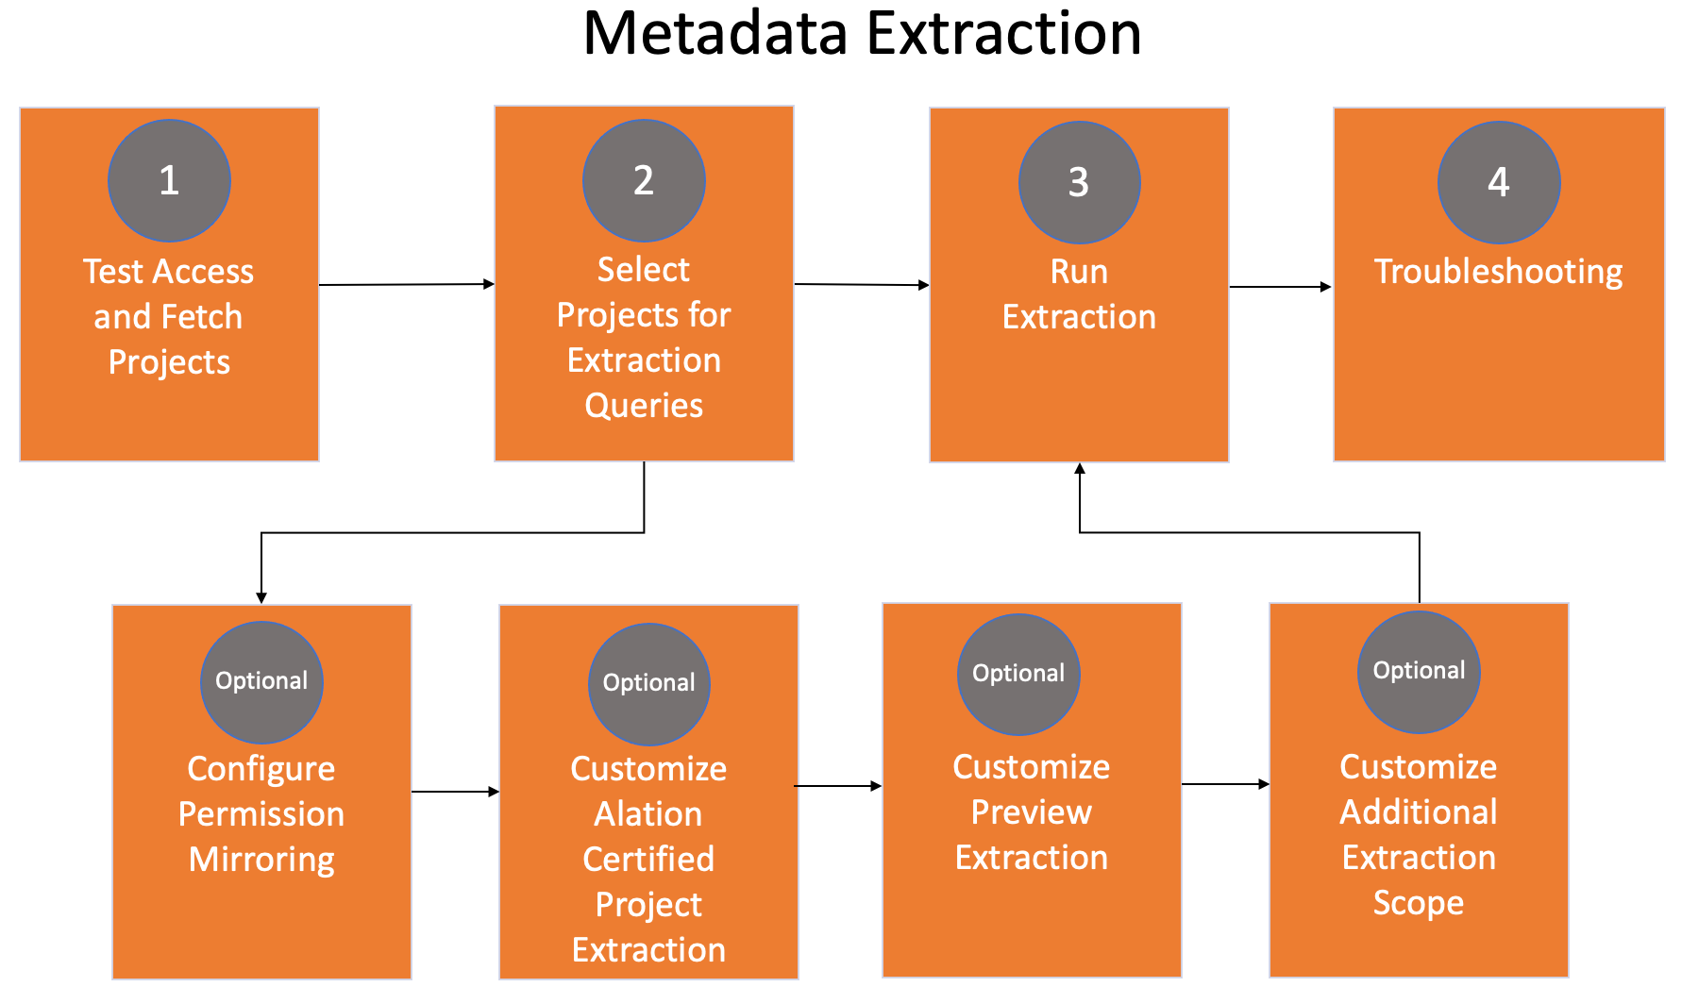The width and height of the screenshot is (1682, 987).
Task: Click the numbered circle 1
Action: click(169, 180)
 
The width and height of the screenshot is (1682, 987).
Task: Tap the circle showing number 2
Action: click(644, 180)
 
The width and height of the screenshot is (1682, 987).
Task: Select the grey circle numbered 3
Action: click(1079, 182)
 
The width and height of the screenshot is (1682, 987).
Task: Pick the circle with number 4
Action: click(1499, 182)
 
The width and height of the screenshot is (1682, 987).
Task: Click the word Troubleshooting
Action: click(1499, 273)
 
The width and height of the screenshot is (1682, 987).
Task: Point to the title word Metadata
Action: click(716, 33)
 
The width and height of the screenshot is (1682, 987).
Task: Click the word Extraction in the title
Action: click(1003, 33)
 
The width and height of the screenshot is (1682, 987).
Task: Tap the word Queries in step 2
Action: click(644, 406)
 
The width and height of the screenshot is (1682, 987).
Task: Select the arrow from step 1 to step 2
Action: click(407, 284)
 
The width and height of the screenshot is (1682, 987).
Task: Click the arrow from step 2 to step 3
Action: click(862, 284)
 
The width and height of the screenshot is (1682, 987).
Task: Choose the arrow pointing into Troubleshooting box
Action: click(1281, 286)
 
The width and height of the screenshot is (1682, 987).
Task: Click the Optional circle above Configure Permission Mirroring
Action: click(261, 682)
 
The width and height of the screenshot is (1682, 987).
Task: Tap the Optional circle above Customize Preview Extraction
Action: click(1018, 675)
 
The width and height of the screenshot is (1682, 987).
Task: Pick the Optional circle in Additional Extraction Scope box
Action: click(1419, 672)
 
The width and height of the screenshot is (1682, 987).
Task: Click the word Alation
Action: click(648, 813)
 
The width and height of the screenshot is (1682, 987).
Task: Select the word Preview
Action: click(1032, 811)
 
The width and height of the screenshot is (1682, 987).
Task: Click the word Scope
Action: click(1419, 904)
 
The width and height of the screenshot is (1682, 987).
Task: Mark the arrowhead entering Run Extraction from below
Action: click(1080, 468)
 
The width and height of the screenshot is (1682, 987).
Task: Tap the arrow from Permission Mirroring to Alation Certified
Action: click(455, 792)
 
